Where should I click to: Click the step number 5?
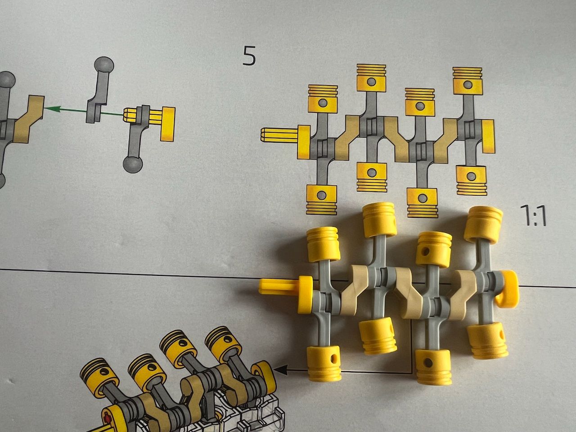(249, 56)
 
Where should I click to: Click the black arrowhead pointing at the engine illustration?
(280, 370)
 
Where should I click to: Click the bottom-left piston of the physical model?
(324, 361)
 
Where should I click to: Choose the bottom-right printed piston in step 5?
(471, 180)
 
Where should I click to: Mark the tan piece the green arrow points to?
(28, 118)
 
